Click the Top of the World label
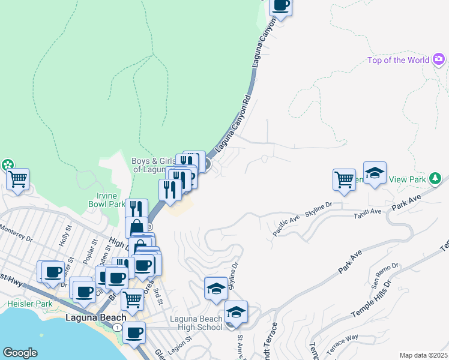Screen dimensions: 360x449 tap(399, 60)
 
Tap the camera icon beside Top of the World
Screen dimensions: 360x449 tap(439, 59)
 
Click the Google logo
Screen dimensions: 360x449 tap(20, 352)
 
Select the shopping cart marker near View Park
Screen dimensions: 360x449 tap(344, 179)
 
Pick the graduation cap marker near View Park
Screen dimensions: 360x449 tap(375, 173)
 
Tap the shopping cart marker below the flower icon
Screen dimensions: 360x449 tap(18, 178)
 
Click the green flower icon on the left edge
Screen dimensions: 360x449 tap(7, 164)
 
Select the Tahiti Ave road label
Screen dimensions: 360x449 tap(368, 213)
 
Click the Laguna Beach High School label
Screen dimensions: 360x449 tap(196, 322)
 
